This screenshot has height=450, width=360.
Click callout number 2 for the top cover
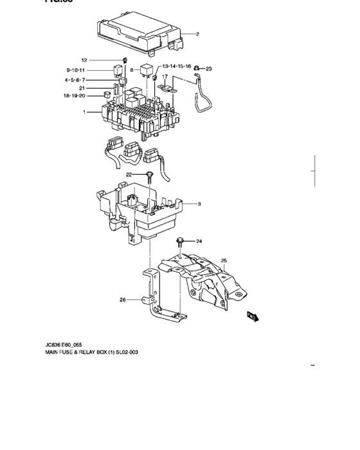[198, 34]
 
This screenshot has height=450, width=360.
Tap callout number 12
[84, 60]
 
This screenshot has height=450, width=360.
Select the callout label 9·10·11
[76, 69]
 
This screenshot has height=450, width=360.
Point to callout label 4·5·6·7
[75, 80]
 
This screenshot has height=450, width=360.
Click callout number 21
[82, 88]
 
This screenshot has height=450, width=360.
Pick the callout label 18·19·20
[74, 96]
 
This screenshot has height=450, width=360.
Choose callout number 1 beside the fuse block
[84, 113]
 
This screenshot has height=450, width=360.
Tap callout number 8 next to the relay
[131, 69]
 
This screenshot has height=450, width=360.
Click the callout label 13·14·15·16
[177, 66]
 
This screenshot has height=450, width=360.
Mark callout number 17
[165, 76]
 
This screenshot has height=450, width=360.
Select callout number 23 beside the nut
[208, 68]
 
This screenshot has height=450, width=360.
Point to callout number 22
[129, 174]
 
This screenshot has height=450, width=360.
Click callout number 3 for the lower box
[199, 204]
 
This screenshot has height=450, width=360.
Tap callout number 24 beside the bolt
[199, 242]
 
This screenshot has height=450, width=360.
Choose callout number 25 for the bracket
[224, 260]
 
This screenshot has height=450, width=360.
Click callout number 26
[123, 300]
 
